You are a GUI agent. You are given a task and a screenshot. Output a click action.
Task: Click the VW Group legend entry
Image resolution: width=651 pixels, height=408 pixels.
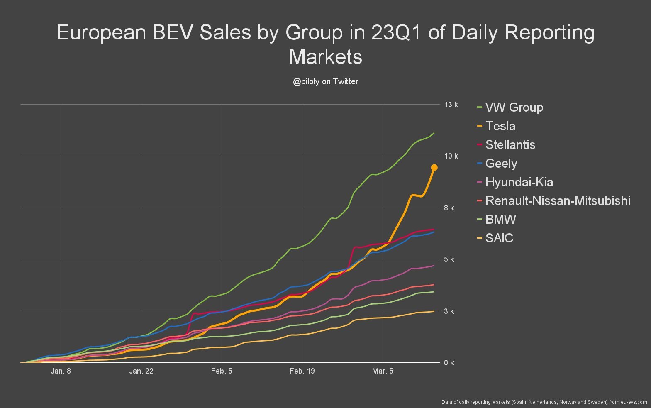(x=514, y=107)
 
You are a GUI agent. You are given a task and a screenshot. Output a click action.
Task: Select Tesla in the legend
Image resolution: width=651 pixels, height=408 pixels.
(x=500, y=126)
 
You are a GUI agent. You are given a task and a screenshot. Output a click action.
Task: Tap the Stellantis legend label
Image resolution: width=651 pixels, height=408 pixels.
(x=510, y=145)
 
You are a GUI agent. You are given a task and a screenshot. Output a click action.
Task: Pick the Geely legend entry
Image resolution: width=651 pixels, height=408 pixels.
(x=501, y=164)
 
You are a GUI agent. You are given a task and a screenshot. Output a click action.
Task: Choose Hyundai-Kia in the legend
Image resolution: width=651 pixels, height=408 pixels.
(x=519, y=182)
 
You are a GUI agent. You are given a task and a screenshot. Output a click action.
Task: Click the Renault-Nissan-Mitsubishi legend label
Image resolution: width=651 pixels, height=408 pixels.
(x=557, y=201)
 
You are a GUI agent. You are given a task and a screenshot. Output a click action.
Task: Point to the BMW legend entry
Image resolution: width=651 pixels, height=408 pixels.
(x=500, y=220)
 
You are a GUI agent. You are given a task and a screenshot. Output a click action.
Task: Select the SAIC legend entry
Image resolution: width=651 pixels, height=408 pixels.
(x=499, y=238)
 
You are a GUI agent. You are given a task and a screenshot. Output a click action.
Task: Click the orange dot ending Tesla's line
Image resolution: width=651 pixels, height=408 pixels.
(x=434, y=168)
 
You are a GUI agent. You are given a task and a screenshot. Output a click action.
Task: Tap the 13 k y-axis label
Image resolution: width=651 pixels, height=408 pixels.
(x=451, y=105)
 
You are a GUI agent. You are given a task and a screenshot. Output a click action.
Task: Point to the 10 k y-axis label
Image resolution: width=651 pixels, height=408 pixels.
(x=451, y=156)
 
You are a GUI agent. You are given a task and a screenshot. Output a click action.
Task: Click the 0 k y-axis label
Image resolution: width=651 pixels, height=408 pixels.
(x=449, y=363)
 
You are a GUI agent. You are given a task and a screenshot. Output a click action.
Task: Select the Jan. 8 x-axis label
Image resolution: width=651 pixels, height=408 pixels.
(x=61, y=371)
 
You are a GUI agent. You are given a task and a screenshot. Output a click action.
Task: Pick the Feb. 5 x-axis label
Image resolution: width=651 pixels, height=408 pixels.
(x=222, y=371)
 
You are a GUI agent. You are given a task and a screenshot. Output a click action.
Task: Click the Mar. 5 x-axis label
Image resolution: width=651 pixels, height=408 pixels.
(x=383, y=371)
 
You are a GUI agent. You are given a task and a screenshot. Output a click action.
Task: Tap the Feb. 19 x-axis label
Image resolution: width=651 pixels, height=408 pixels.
(x=302, y=371)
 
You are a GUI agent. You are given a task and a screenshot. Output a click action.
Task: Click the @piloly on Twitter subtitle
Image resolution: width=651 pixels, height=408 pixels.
(x=325, y=82)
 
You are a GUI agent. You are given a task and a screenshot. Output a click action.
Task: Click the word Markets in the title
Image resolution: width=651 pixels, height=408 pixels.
(x=325, y=57)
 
